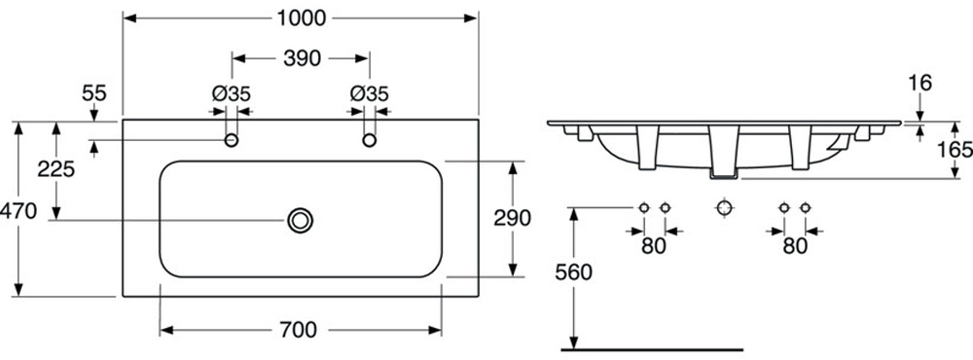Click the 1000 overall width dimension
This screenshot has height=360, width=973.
coord(301,18)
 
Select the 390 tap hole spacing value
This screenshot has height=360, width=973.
coord(303,58)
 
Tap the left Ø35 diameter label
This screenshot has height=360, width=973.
coord(231,93)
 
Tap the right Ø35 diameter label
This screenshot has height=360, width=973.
coord(369,93)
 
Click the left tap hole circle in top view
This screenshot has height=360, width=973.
coord(232,140)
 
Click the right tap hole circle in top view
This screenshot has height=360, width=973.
coord(369,140)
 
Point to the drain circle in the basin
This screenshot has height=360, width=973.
coord(301,220)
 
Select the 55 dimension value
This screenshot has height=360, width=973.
coord(94,93)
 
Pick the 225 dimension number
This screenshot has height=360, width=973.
coord(55,168)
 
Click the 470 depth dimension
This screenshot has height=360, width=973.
coord(18,211)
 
